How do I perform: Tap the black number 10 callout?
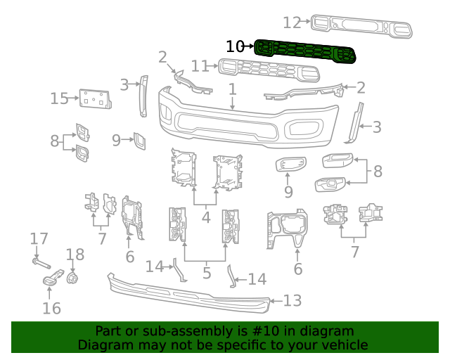pos(235,46)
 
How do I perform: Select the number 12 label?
pos(292,22)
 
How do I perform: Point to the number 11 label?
pos(200,66)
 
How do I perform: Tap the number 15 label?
pos(59,98)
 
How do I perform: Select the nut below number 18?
pos(72,278)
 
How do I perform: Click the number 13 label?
pos(292,301)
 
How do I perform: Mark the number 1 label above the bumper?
pos(232,89)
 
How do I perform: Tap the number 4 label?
pos(205,217)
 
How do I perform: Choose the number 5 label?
pos(205,271)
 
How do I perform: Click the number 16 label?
pos(51,308)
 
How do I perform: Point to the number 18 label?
pos(75,255)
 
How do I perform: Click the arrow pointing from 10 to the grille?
pos(250,46)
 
